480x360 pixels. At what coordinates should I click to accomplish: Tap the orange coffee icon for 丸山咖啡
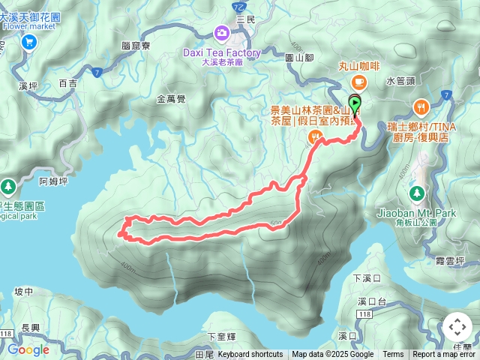[x=358, y=81]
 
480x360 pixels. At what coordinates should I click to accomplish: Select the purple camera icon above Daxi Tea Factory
[x=221, y=32]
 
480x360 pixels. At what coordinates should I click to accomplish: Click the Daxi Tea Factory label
[x=222, y=53]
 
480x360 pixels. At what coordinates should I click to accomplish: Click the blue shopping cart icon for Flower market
[x=29, y=42]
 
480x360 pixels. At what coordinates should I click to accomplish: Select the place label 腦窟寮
[x=136, y=46]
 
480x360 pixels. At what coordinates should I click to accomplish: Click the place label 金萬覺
[x=171, y=98]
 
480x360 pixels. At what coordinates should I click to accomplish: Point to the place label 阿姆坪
[x=54, y=181]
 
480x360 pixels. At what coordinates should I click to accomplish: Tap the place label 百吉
[x=67, y=82]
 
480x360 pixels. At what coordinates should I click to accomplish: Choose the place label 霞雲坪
[x=450, y=260]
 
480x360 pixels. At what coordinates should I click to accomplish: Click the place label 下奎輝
[x=222, y=336]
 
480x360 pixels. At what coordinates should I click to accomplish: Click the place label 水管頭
[x=400, y=79]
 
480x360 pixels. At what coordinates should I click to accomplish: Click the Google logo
[x=28, y=349]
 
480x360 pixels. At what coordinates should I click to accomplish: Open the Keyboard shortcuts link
[x=250, y=355]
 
